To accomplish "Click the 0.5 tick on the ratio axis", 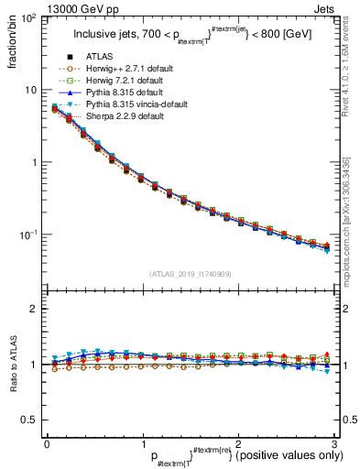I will click(30, 420).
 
